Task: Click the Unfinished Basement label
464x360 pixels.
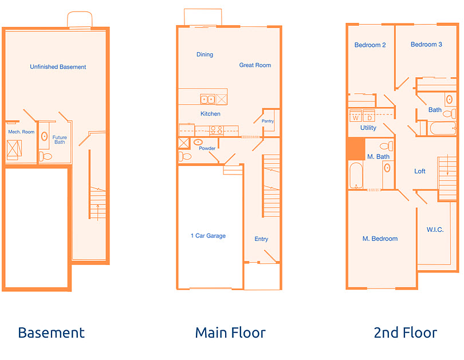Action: click(x=58, y=67)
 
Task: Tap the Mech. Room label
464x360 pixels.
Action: click(x=21, y=132)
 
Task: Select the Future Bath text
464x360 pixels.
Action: click(x=60, y=140)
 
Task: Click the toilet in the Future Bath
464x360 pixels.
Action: click(x=45, y=156)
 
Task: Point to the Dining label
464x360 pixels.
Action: click(x=205, y=54)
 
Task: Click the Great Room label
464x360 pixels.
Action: click(x=255, y=65)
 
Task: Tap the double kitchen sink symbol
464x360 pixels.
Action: click(x=207, y=99)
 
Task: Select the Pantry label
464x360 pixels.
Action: click(x=268, y=121)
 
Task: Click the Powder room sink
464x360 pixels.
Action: click(x=198, y=141)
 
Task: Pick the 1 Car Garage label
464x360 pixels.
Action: click(x=208, y=236)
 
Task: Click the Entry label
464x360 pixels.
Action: click(x=261, y=239)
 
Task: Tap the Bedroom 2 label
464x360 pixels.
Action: click(x=369, y=45)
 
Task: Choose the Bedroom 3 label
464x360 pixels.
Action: click(x=426, y=45)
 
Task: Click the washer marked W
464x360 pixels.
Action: click(x=356, y=117)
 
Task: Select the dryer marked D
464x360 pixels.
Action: click(x=369, y=117)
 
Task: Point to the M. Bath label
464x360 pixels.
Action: click(x=378, y=157)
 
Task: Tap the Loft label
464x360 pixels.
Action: click(x=420, y=171)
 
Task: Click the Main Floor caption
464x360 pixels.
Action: click(x=230, y=333)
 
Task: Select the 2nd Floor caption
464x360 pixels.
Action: click(x=405, y=333)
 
